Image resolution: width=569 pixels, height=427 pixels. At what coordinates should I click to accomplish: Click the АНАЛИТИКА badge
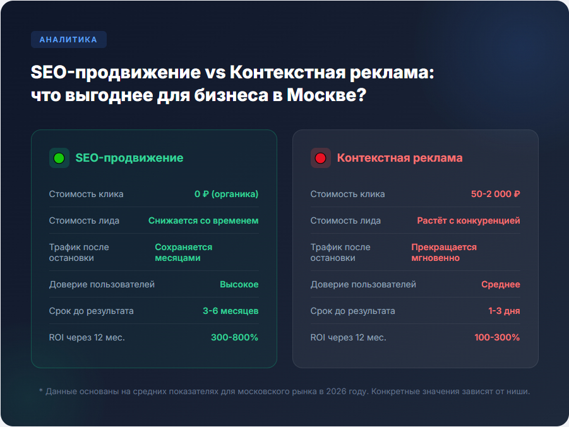[x=69, y=40]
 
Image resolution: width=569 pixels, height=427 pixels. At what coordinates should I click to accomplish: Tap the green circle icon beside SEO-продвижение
[x=59, y=158]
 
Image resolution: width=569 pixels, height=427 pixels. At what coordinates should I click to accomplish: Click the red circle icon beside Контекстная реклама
[x=320, y=158]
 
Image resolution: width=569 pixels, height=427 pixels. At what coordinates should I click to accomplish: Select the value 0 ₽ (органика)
[x=227, y=194]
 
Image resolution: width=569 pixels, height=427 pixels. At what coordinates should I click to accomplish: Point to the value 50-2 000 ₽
[x=495, y=194]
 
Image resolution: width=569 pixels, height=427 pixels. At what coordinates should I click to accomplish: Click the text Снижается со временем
[x=203, y=220]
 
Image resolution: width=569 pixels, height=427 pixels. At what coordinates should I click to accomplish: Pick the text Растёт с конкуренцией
[x=469, y=220]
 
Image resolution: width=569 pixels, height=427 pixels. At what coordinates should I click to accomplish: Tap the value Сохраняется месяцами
[x=184, y=253]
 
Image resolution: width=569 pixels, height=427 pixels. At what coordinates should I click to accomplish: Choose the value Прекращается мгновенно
[x=444, y=253]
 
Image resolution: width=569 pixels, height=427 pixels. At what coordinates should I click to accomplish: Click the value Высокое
[x=239, y=284]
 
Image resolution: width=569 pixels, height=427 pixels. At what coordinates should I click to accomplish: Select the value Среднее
[x=501, y=284]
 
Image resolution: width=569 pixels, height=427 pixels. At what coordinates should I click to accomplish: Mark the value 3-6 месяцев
[x=231, y=311]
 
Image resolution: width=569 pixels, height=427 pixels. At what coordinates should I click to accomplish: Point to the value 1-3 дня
[x=504, y=311]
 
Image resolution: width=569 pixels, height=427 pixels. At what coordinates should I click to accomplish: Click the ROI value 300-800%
[x=234, y=337]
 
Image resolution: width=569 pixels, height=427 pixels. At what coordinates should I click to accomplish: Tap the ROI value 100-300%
[x=497, y=337]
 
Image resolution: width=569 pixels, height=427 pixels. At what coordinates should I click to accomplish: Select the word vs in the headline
[x=215, y=72]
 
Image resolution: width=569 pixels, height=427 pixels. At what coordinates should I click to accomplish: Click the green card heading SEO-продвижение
[x=129, y=158]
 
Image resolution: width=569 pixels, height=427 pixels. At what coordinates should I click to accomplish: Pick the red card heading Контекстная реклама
[x=400, y=158]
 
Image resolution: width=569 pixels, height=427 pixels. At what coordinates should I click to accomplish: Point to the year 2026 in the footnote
[x=336, y=392]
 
